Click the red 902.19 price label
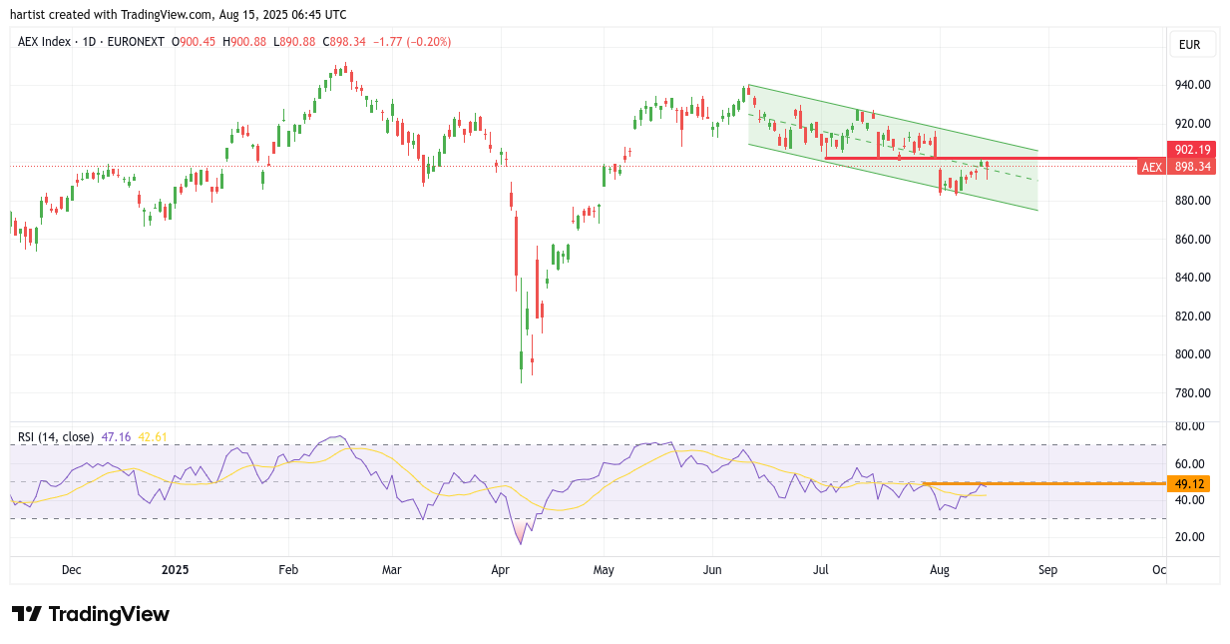1191,150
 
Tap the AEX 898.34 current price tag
1177,167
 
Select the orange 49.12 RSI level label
1188,484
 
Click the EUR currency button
1189,45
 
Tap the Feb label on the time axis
288,570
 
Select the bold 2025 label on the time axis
175,570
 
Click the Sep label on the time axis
1047,570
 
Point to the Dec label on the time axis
72,570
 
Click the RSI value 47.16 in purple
116,437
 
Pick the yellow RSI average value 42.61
152,437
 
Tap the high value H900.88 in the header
244,42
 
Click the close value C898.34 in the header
344,42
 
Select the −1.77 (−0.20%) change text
412,42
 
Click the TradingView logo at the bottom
91,614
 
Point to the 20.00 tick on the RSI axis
1188,537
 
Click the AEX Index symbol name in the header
44,42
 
